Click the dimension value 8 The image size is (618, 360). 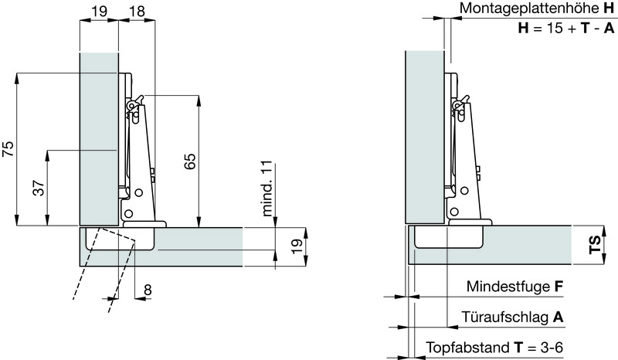coord(148,290)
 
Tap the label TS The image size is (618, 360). coord(593,246)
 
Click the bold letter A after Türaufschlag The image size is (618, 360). coord(558,318)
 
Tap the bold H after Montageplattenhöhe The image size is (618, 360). coord(609,9)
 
